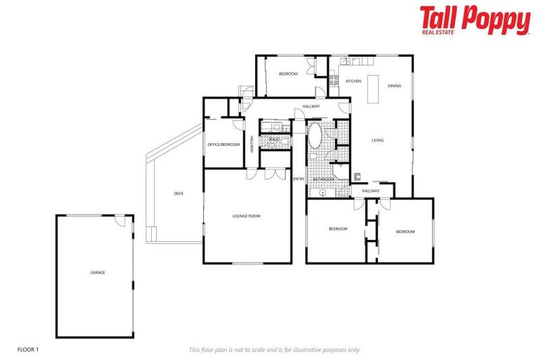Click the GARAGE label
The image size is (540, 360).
97,272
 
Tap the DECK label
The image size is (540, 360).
179,193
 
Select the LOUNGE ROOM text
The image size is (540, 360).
246,216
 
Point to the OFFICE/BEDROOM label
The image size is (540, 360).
224,144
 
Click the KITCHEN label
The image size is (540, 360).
354,82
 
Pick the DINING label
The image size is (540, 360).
394,86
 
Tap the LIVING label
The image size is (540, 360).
378,141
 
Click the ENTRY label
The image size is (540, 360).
299,179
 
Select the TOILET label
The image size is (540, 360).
275,140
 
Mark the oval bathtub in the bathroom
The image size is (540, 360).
314,136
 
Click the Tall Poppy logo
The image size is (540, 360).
475,20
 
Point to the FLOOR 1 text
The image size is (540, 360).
27,349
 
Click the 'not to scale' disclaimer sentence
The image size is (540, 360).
275,349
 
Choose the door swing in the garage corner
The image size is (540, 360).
122,223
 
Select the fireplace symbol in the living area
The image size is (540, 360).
357,176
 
